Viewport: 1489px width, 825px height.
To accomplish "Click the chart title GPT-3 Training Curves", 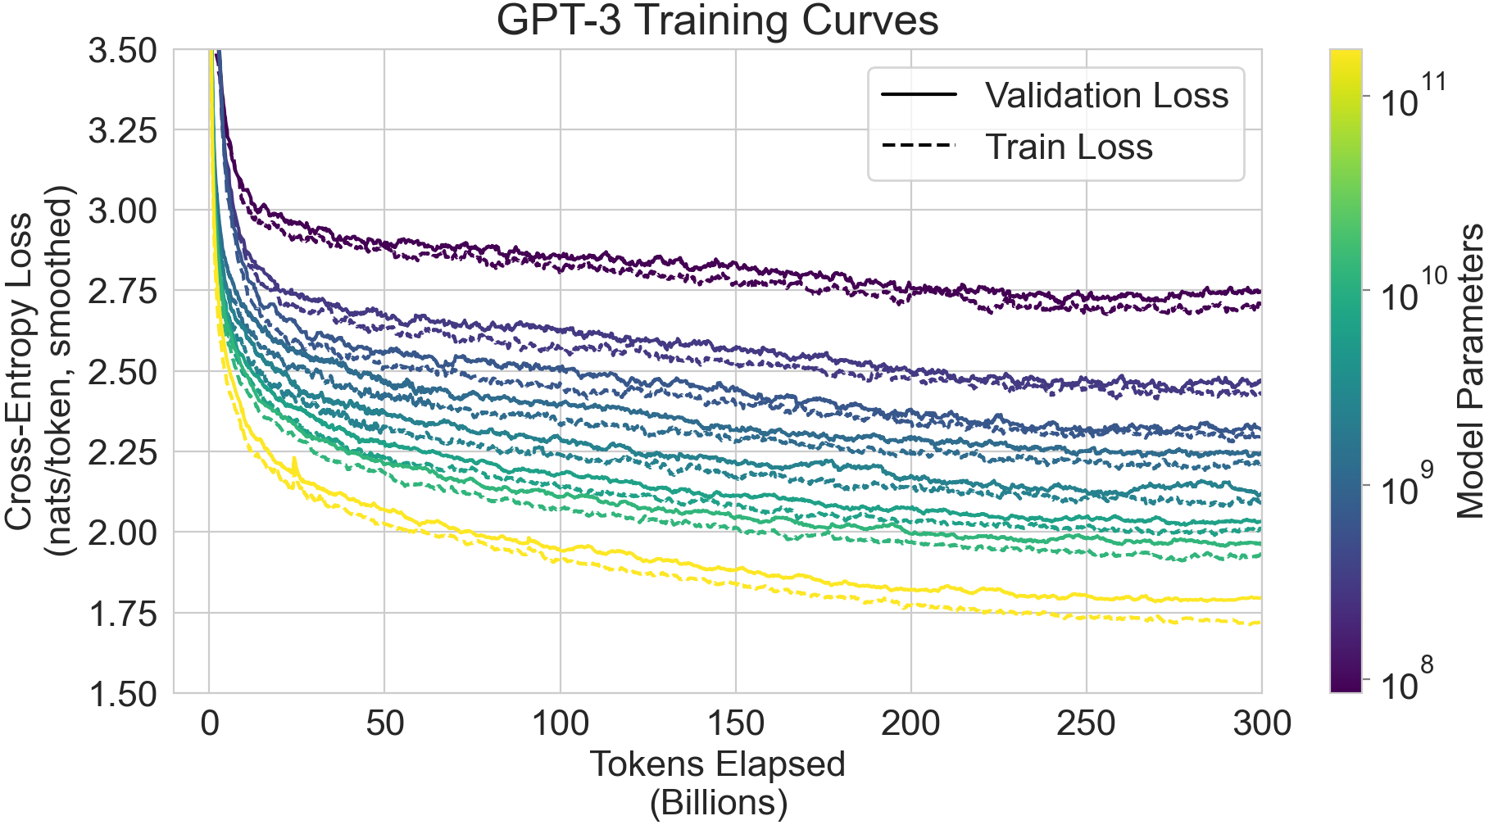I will click(717, 20).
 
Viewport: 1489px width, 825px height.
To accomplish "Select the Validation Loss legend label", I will click(1106, 96).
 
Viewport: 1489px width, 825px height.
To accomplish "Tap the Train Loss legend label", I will click(1069, 147).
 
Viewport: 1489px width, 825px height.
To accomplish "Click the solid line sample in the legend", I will click(919, 96).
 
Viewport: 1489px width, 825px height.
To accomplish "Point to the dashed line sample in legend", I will click(919, 147).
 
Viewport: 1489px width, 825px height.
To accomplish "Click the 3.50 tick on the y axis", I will click(122, 51).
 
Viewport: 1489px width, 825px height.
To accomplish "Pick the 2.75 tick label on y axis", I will click(122, 292).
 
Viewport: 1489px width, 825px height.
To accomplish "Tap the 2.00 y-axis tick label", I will click(122, 533).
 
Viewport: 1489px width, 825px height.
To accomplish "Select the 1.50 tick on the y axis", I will click(122, 694).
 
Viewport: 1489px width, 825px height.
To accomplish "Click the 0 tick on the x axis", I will click(210, 723).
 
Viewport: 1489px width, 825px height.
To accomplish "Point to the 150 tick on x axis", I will click(735, 723).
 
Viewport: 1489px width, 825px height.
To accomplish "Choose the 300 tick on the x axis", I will click(1260, 723).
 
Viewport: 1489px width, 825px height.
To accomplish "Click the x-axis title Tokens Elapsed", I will click(717, 764).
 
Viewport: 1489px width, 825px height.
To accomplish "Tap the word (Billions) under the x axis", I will click(718, 804).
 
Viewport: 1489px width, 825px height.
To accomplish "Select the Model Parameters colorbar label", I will click(1471, 370).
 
